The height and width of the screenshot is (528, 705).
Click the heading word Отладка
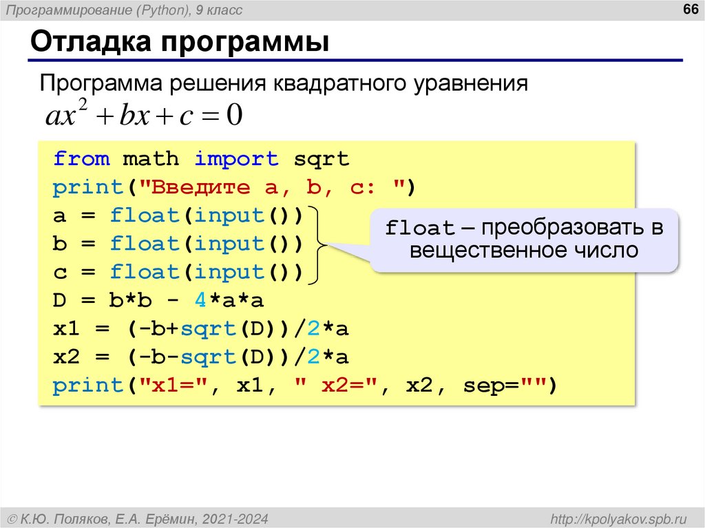(91, 43)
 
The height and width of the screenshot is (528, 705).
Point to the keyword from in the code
(81, 159)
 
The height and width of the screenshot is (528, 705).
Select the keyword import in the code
(236, 159)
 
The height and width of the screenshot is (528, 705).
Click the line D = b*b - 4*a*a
(158, 301)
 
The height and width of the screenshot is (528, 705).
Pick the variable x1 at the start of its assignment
(67, 329)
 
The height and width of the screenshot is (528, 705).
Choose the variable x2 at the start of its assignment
(67, 357)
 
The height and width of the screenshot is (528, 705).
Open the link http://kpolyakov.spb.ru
(619, 517)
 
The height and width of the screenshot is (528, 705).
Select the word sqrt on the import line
(322, 159)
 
